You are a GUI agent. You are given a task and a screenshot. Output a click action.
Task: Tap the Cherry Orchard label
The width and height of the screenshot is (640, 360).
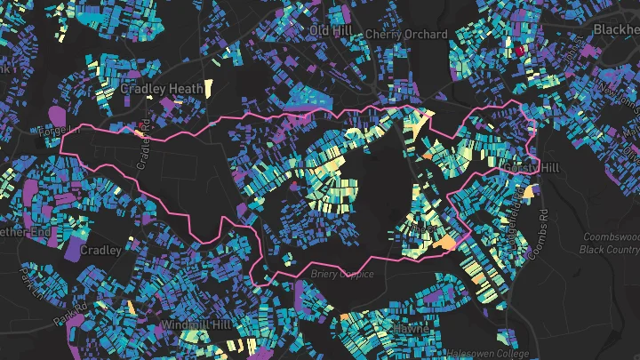tap(406, 34)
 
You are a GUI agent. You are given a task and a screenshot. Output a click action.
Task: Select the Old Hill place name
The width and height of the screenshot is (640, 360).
tap(330, 30)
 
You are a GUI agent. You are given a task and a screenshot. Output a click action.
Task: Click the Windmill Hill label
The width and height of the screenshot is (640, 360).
tap(191, 326)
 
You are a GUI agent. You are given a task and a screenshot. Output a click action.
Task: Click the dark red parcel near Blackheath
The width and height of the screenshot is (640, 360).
tap(520, 52)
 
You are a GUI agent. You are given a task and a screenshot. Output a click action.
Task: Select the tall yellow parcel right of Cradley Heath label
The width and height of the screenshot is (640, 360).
tap(208, 88)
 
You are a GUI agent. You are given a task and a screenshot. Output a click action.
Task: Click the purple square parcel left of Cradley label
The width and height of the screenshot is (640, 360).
tap(73, 250)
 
